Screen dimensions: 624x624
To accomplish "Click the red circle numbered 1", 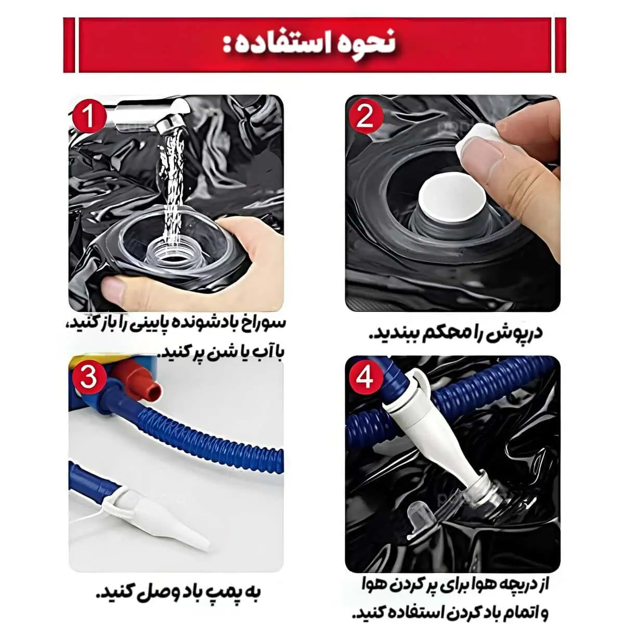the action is pyautogui.click(x=88, y=116).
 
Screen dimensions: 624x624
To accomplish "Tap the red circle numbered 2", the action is pyautogui.click(x=365, y=116).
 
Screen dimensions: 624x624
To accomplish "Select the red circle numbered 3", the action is pyautogui.click(x=88, y=378).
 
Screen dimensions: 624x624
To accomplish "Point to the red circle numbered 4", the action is pyautogui.click(x=365, y=377).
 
